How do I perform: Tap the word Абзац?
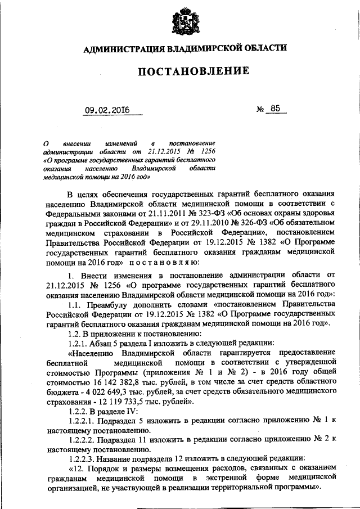[108, 343]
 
